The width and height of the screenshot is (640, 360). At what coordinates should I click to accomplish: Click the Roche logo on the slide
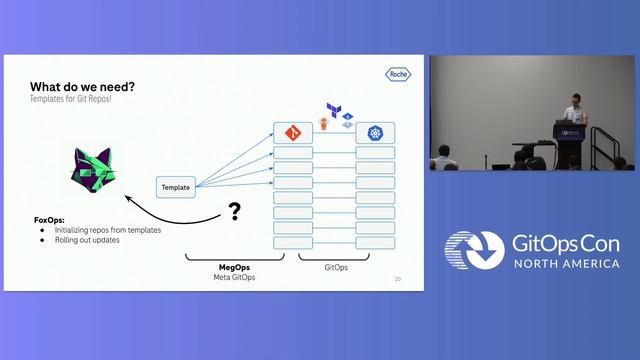[x=397, y=72]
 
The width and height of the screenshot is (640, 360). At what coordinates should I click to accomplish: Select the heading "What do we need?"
[x=83, y=86]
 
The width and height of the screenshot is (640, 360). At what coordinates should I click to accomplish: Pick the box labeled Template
[x=175, y=187]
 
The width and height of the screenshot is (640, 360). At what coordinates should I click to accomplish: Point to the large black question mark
[x=234, y=211]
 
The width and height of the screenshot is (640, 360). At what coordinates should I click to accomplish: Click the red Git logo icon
[x=293, y=132]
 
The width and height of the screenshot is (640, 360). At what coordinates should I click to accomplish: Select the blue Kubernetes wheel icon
[x=375, y=132]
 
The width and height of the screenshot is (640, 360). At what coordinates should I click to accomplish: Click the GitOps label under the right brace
[x=336, y=267]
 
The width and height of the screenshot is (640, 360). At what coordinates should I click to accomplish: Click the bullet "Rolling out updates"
[x=88, y=240]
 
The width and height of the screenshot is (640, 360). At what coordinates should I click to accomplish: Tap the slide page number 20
[x=398, y=279]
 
